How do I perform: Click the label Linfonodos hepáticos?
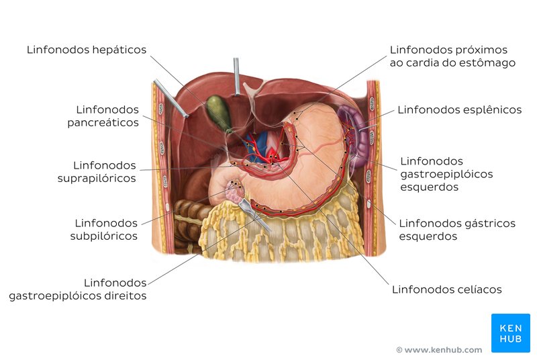coord(87,50)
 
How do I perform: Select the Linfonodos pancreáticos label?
coord(107,116)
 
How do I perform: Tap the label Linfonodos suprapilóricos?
coord(105,171)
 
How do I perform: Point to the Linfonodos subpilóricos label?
coord(106,229)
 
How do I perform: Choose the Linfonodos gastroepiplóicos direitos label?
coord(78,289)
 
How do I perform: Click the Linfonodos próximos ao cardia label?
coord(452,56)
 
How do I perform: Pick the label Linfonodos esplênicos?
coord(459,109)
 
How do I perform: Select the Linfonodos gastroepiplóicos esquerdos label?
coord(446,174)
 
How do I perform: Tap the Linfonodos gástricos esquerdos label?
coord(457,230)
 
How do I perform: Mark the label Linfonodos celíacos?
coord(446,289)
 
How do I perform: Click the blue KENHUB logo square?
coord(510,332)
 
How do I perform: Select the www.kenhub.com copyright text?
coord(439,350)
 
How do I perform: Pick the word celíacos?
coord(479,289)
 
